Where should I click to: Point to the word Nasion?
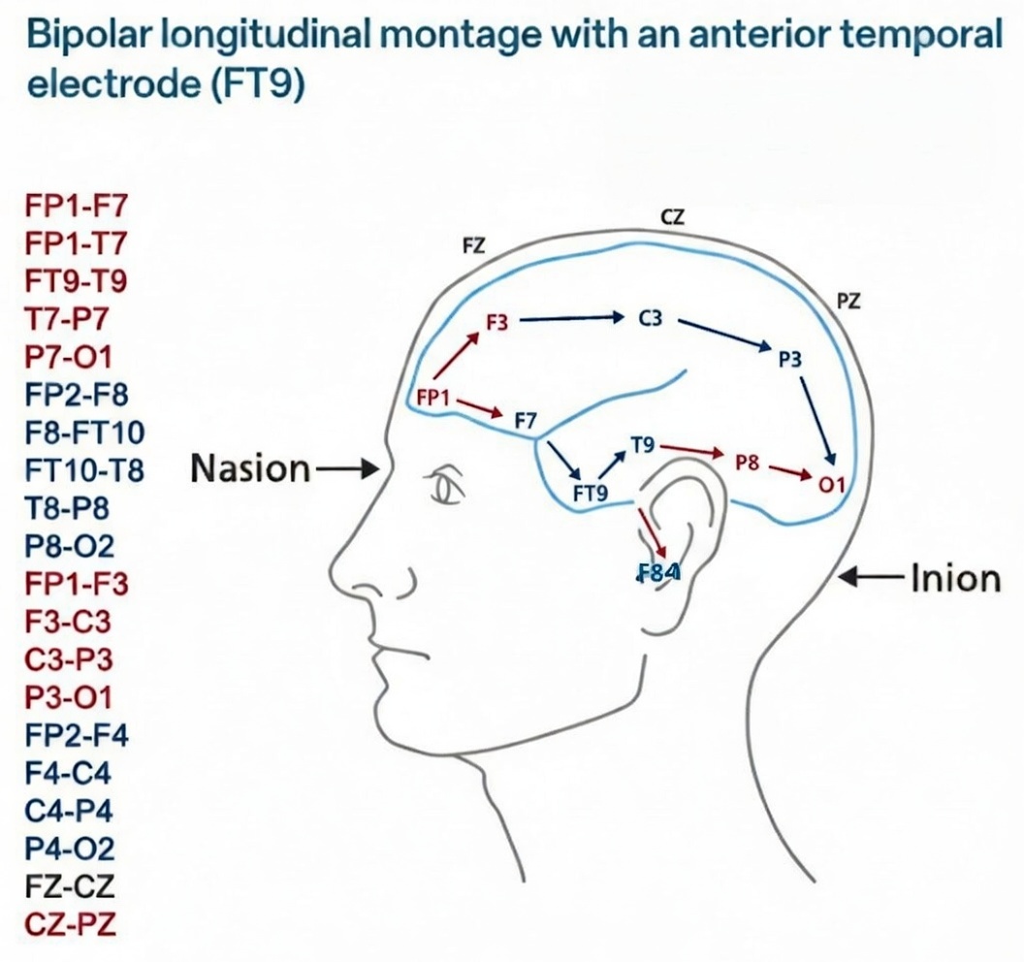pos(250,469)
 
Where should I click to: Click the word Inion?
pos(955,579)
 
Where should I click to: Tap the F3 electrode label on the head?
pos(496,323)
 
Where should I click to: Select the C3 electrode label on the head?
pos(650,318)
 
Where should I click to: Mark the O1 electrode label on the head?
pos(832,483)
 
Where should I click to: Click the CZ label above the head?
pos(672,217)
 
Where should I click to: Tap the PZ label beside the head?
pos(848,302)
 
